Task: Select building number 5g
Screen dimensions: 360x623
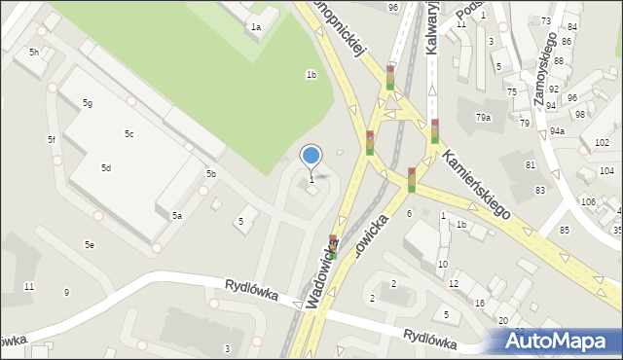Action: click(x=87, y=103)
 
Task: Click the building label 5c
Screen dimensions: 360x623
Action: click(x=128, y=133)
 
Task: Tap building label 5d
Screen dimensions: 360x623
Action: click(x=105, y=168)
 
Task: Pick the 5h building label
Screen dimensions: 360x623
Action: click(x=34, y=52)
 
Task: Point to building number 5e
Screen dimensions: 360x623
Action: click(x=89, y=245)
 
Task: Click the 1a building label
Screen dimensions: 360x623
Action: click(x=255, y=27)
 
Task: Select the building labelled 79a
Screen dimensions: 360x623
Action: click(x=483, y=118)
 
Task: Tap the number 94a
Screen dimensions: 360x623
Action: click(x=557, y=130)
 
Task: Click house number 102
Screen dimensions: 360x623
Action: click(x=602, y=143)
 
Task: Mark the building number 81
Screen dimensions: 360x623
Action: click(x=531, y=165)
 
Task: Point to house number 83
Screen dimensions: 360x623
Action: click(x=539, y=190)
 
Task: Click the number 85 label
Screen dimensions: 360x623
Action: click(x=565, y=230)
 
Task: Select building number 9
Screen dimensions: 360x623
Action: click(x=66, y=293)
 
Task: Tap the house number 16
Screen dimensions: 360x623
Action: click(x=480, y=304)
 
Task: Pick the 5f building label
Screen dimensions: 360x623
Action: click(x=52, y=140)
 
